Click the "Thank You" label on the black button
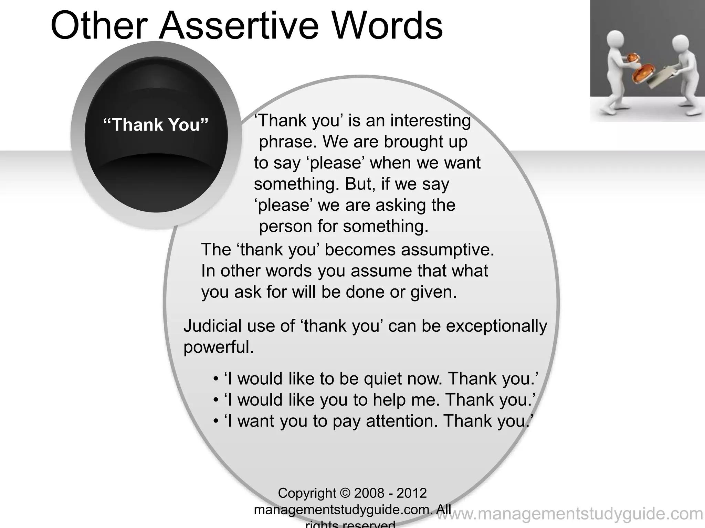[156, 124]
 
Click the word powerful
[218, 348]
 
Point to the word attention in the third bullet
[402, 421]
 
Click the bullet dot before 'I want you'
[216, 421]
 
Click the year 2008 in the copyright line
[369, 493]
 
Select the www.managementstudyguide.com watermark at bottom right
[570, 514]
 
